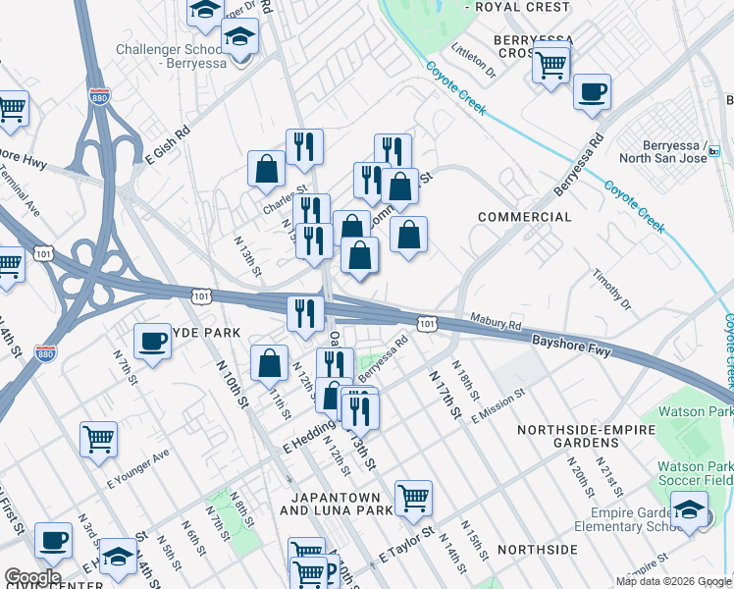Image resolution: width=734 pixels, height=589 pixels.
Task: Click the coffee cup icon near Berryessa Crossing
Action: (x=592, y=93)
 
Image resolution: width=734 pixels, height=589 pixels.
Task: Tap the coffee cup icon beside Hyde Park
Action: (x=152, y=342)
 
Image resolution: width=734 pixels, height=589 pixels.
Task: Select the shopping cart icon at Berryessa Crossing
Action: (x=551, y=66)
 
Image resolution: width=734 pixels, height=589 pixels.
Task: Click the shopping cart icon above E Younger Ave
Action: (x=98, y=440)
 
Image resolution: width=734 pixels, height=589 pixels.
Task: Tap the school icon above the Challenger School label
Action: (x=238, y=39)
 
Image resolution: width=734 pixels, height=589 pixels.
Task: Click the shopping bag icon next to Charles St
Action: (x=266, y=169)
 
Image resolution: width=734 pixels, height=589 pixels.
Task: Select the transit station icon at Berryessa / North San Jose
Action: (x=713, y=151)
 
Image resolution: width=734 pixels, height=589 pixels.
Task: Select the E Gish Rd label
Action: (x=168, y=143)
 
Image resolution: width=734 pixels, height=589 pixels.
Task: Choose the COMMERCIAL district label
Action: (x=524, y=217)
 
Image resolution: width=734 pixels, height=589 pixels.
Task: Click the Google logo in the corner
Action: (x=32, y=577)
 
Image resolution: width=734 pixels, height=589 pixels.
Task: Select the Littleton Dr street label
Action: (x=473, y=61)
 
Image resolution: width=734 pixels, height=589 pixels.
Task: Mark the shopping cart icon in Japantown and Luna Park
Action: (x=414, y=498)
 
